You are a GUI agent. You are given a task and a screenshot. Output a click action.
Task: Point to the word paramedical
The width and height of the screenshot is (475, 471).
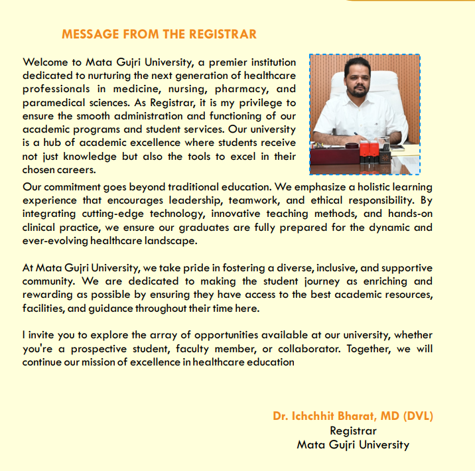56,101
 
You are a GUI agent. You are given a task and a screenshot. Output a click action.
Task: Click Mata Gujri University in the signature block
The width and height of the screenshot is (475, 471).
352,444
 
